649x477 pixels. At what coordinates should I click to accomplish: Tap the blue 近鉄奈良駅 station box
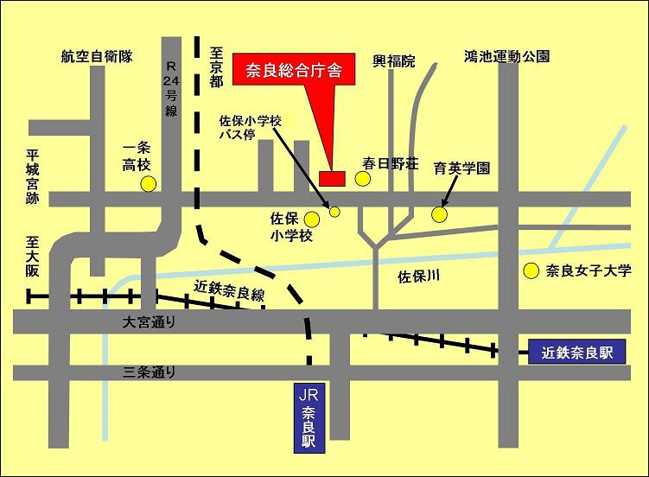tap(576, 352)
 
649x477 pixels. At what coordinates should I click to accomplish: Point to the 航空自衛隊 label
tap(96, 57)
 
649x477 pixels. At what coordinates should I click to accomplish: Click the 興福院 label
tap(393, 61)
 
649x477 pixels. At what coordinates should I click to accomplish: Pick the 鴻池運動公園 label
tap(506, 57)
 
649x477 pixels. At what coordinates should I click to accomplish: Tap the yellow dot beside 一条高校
tap(149, 183)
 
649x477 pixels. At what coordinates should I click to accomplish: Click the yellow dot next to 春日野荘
tap(363, 179)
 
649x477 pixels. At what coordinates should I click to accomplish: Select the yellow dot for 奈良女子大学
tap(531, 270)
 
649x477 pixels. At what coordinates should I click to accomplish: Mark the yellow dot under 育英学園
tap(440, 213)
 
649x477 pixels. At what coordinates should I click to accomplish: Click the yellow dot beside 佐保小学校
tap(311, 220)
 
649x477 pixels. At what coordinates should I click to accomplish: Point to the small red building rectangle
tap(332, 178)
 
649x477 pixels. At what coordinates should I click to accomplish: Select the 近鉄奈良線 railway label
tap(229, 290)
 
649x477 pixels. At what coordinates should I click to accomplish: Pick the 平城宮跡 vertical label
tap(33, 180)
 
